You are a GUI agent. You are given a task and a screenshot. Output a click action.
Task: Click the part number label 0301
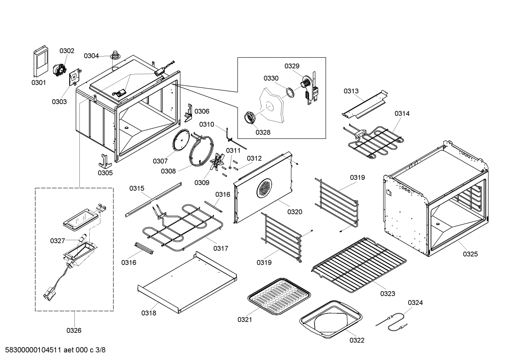tap(38, 83)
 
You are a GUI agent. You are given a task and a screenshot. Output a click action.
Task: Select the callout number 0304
tap(91, 56)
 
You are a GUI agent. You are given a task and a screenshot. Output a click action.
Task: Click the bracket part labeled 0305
tap(105, 161)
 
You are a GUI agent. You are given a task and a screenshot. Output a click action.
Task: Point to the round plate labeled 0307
tap(182, 142)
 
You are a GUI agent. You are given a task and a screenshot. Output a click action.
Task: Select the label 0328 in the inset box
tap(263, 132)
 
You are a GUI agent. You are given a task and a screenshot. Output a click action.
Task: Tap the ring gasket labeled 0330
tap(290, 93)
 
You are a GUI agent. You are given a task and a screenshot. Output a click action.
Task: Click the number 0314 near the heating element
tap(402, 113)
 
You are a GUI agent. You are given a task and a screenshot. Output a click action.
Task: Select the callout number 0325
tap(470, 254)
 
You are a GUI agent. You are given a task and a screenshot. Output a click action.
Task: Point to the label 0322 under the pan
tap(357, 340)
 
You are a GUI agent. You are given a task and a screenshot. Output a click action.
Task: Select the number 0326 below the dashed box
tap(74, 331)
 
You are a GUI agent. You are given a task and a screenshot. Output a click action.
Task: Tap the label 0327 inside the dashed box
tap(58, 241)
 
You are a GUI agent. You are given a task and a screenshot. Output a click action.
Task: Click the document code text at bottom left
tap(53, 350)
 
